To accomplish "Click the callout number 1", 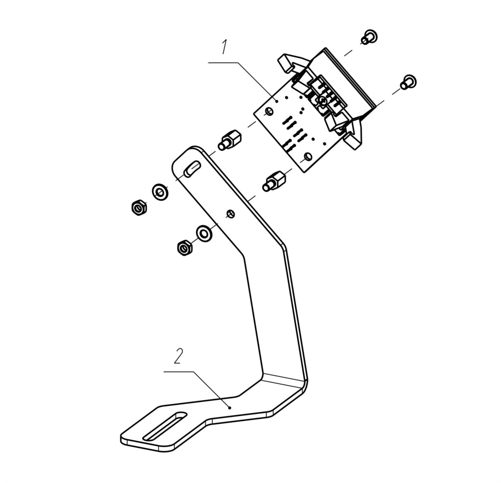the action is [224, 47].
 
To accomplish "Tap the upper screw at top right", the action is [369, 37].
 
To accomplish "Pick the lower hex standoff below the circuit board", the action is [274, 181].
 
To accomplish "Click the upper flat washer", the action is [160, 192].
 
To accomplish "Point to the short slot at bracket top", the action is [192, 168].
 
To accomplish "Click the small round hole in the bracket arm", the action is [231, 214].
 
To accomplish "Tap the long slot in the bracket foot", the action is [165, 426].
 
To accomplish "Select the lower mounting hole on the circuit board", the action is [308, 157].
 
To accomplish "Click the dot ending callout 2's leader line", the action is [229, 407].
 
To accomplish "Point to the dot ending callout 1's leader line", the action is [277, 101].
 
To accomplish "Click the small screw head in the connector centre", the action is [322, 101].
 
